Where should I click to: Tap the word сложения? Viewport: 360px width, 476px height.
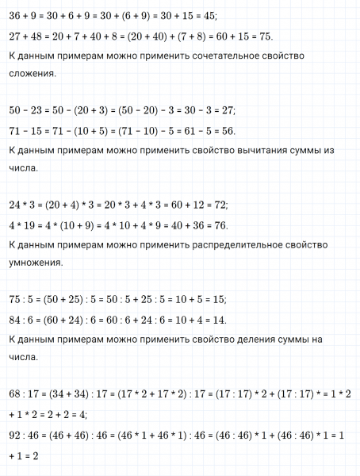click(x=30, y=75)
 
